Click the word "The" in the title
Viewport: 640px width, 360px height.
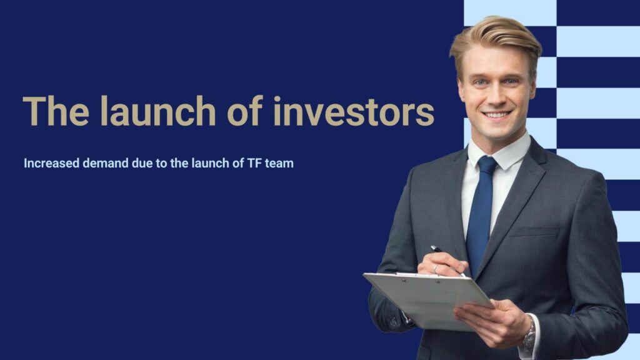click(56, 111)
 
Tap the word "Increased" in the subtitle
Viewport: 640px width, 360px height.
click(51, 163)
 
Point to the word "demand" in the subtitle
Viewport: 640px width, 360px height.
click(105, 163)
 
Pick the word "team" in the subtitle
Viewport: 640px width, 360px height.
click(279, 164)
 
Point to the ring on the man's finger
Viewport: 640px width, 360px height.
click(435, 269)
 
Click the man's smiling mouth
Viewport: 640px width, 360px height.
click(496, 115)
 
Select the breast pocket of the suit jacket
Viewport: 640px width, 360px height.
click(534, 232)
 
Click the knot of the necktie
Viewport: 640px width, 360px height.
click(487, 165)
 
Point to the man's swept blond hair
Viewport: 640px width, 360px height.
click(496, 41)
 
